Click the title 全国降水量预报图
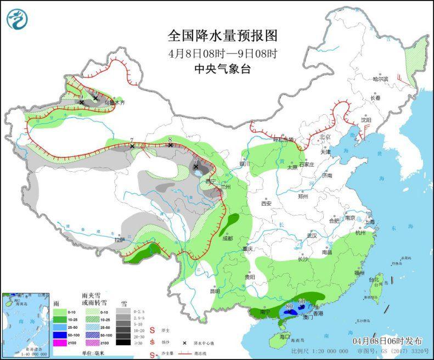click(x=223, y=36)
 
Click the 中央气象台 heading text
click(x=222, y=69)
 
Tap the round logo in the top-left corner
click(x=17, y=19)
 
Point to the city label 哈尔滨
click(x=380, y=79)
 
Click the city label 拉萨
click(x=119, y=240)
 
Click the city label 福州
click(x=359, y=273)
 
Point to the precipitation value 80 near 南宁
click(x=289, y=306)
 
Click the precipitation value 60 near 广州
click(x=302, y=301)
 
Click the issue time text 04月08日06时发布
click(x=392, y=340)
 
